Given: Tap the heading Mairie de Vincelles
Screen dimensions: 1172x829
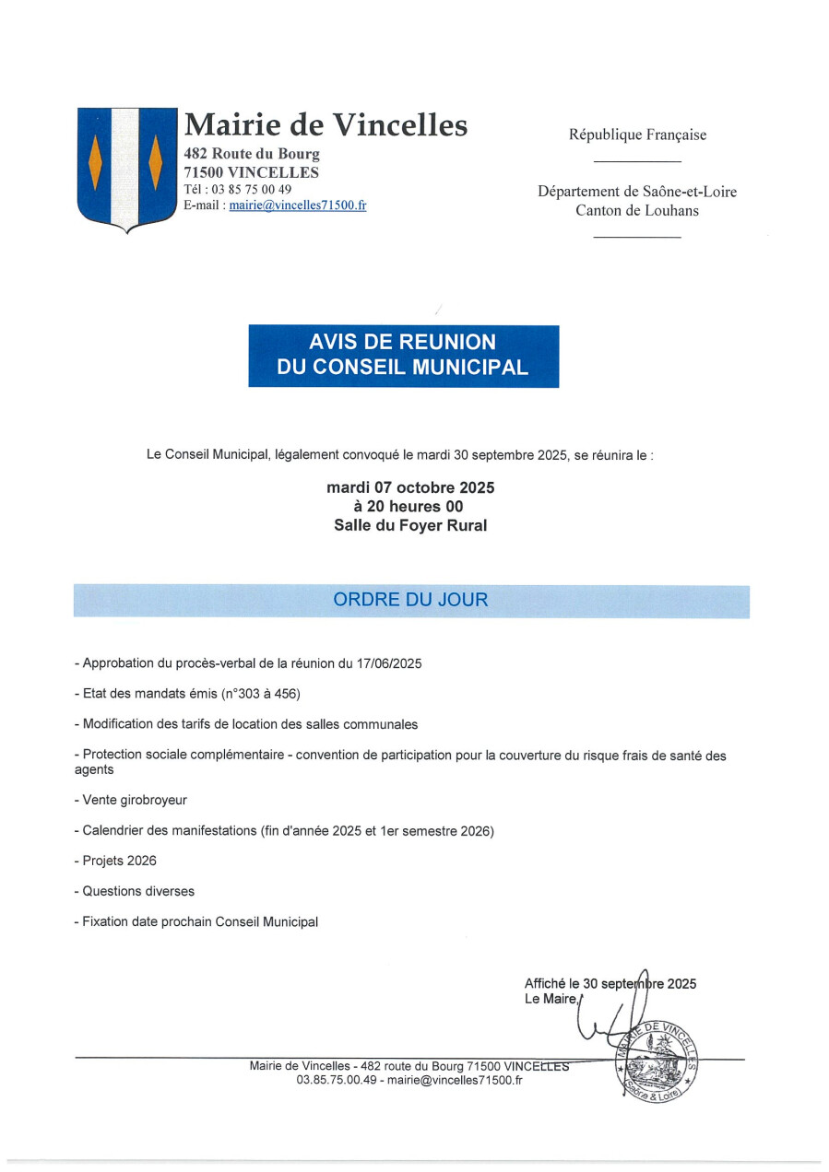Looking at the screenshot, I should [326, 124].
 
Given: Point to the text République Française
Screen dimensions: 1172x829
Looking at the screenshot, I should [637, 135].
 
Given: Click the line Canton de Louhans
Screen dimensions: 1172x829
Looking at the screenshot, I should [637, 210].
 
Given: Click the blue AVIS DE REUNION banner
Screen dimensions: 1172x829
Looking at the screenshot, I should [403, 355].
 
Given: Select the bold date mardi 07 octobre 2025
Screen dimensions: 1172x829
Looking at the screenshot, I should [409, 487].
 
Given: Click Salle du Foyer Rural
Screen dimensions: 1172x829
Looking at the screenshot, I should [409, 526].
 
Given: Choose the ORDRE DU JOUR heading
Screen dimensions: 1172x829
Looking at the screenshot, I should [410, 600].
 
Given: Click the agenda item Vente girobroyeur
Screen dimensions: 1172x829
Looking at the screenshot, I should [135, 801].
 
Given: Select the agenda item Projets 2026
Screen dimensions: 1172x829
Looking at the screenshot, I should [119, 861].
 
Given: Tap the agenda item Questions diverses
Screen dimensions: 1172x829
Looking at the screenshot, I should [138, 891].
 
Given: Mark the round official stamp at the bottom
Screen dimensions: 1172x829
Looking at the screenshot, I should [657, 1059].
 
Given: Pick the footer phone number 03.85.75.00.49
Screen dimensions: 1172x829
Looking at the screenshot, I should [337, 1080].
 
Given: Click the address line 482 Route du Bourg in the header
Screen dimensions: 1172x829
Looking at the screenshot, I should [252, 154].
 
